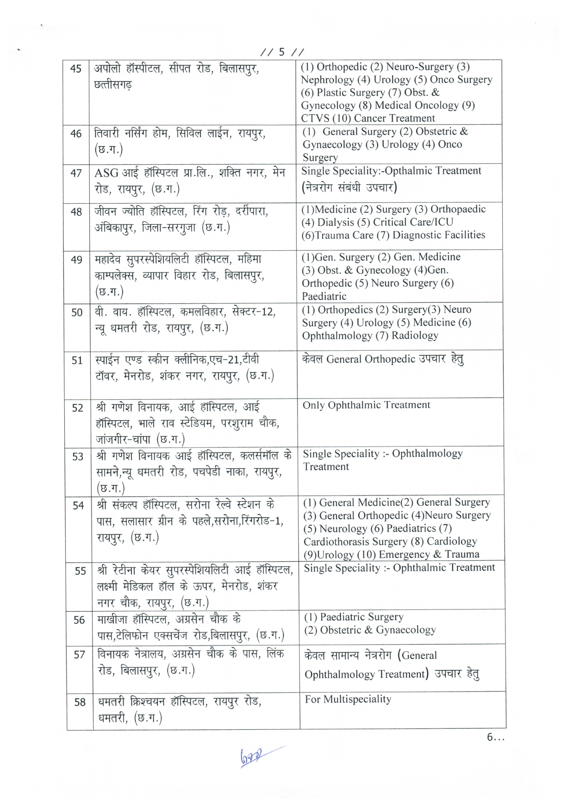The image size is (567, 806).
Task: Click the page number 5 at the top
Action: (281, 52)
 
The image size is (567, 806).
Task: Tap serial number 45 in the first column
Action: (75, 69)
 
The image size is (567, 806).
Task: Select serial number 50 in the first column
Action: (77, 313)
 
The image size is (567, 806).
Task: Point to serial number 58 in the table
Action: (80, 702)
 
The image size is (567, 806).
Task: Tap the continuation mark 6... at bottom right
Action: (495, 738)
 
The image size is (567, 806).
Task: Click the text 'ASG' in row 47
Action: (106, 174)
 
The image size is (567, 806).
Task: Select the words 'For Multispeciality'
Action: (348, 699)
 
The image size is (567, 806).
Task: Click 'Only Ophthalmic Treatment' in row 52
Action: (366, 405)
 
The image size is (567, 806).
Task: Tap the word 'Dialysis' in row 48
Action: (334, 222)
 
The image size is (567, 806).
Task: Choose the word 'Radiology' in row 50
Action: (415, 335)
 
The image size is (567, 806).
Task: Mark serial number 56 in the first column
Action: (79, 620)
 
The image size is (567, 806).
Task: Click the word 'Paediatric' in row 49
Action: (324, 296)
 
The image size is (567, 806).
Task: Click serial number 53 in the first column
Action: (78, 457)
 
